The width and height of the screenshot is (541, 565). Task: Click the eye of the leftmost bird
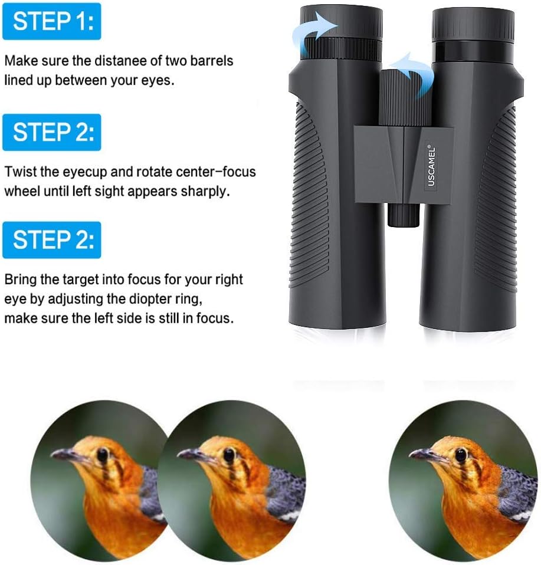(x=103, y=454)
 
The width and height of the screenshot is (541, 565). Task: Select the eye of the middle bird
(x=229, y=455)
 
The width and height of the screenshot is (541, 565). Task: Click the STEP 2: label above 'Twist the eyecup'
(x=51, y=132)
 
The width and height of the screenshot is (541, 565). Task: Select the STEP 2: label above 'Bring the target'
(x=51, y=239)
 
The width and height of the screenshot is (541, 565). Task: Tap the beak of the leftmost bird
(x=65, y=455)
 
